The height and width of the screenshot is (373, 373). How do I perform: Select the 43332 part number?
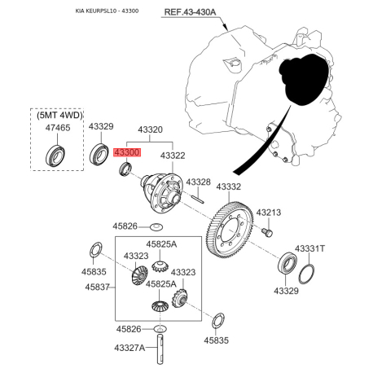pos(229,186)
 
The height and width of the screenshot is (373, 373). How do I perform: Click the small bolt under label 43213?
pos(268,232)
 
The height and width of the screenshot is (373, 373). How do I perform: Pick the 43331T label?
pos(309,248)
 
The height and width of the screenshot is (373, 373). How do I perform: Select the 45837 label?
pos(95,287)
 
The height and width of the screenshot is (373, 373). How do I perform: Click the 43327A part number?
pos(129,348)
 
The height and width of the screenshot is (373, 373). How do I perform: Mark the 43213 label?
pos(269,213)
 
